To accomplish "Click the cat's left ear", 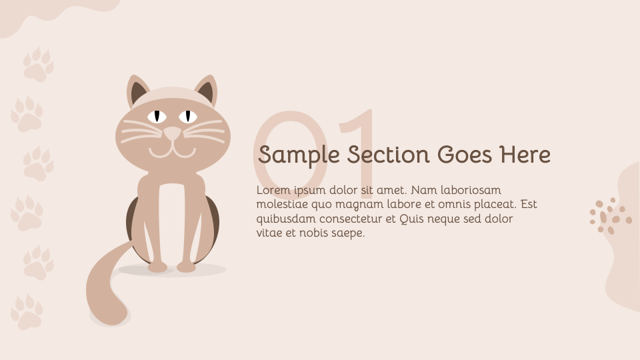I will (x=138, y=92).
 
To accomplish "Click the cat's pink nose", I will (x=173, y=133).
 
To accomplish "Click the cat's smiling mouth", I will (x=172, y=151).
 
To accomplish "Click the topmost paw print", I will (x=38, y=65).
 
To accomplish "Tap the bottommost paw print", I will (x=27, y=312).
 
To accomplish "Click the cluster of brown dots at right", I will (x=609, y=215).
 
